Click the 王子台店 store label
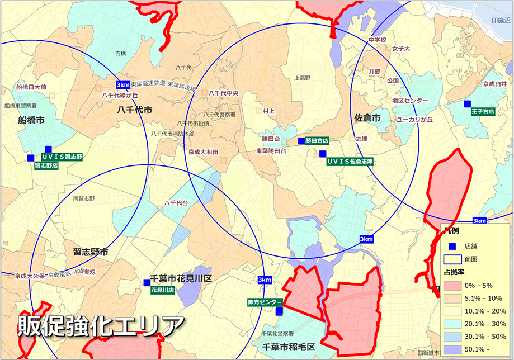click(483, 112)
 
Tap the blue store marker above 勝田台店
click(301, 141)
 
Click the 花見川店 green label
click(163, 290)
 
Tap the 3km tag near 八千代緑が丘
click(123, 84)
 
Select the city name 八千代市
click(134, 111)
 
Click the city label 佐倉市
click(367, 119)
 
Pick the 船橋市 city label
click(31, 120)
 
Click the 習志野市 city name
click(91, 252)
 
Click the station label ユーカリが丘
click(414, 120)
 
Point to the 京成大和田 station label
click(203, 152)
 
